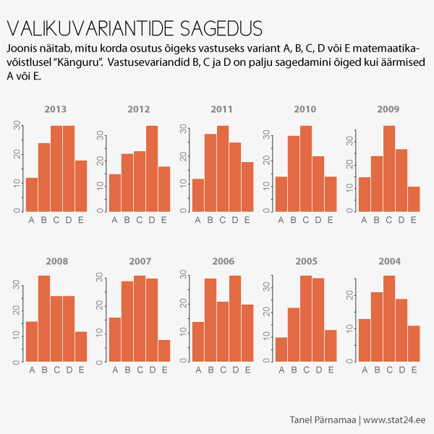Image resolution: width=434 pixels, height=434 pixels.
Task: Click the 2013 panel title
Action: (x=56, y=110)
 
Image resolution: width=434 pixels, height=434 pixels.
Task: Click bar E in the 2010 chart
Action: (x=331, y=193)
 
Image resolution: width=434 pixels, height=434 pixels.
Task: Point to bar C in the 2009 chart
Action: (x=388, y=168)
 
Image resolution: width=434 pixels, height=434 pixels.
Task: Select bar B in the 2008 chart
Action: (x=44, y=318)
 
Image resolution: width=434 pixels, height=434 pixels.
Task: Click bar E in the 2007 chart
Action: (x=163, y=350)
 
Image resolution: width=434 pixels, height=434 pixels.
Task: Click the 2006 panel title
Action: (x=222, y=260)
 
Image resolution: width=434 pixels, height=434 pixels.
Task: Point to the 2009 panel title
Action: (x=388, y=110)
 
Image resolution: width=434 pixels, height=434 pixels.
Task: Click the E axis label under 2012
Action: (x=163, y=220)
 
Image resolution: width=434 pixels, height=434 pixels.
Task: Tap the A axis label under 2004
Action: (x=364, y=370)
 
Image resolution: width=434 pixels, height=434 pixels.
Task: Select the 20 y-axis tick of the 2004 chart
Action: (x=349, y=294)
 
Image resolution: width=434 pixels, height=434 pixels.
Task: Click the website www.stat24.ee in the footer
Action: (x=394, y=420)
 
